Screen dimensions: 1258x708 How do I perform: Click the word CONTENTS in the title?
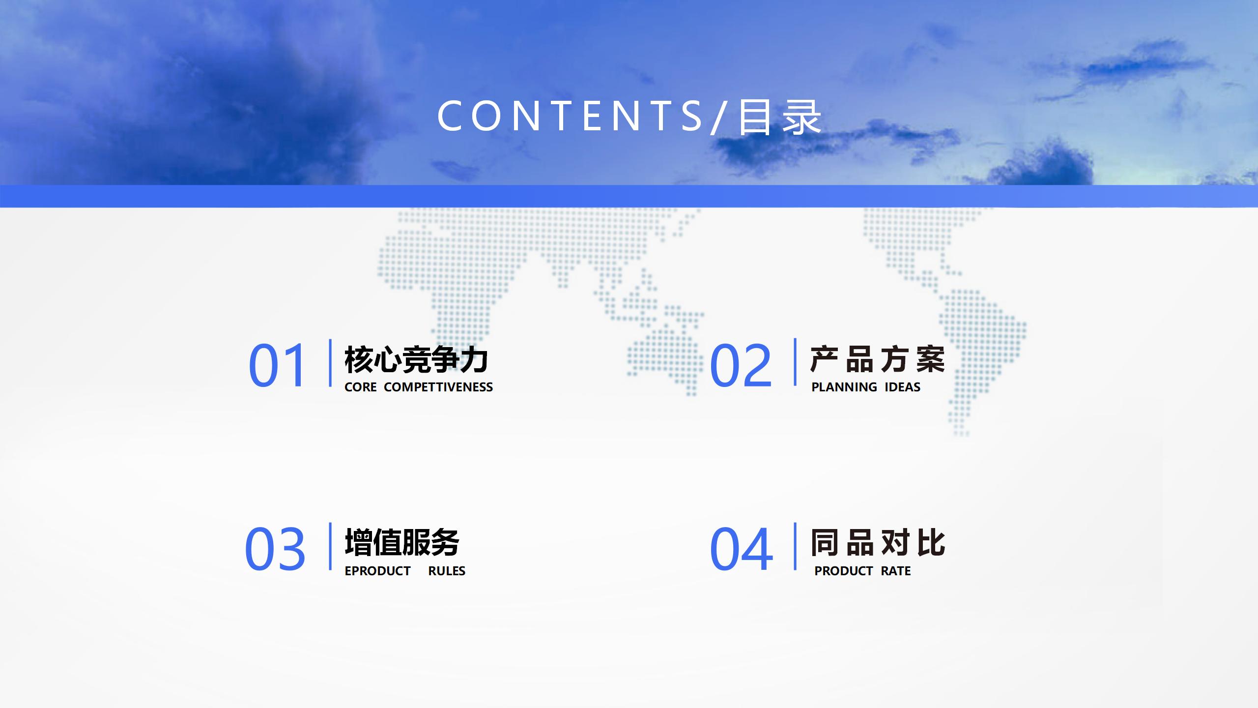(x=570, y=116)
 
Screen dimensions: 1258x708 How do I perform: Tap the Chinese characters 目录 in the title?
(x=780, y=117)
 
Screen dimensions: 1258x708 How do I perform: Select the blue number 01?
(x=278, y=365)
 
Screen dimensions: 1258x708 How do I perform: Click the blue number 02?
(x=741, y=365)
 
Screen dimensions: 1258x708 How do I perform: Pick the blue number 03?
(x=275, y=549)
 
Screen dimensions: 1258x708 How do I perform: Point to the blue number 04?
(x=741, y=549)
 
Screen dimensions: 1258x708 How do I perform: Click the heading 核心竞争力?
(x=416, y=359)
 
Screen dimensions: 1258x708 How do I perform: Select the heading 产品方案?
(x=878, y=359)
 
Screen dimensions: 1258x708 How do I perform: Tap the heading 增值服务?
(x=402, y=543)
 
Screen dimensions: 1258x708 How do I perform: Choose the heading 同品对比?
(x=878, y=543)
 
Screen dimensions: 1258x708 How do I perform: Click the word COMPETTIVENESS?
(x=438, y=387)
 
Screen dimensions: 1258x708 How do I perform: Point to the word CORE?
(x=361, y=387)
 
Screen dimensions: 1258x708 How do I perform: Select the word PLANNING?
(x=844, y=387)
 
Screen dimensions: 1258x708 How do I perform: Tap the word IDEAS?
(x=903, y=387)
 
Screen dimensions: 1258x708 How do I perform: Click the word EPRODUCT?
(x=377, y=571)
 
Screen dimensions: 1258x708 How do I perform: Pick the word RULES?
(x=447, y=571)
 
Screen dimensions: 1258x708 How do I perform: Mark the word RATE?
(x=896, y=571)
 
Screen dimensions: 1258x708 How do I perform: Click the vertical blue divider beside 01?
(x=330, y=363)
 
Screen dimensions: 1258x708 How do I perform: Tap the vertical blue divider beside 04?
(x=795, y=546)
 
